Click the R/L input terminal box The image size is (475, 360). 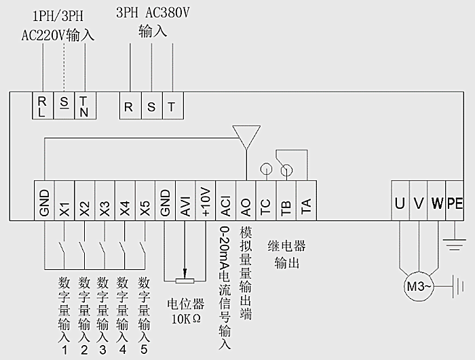pos(43,106)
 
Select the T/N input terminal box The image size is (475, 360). pos(83,106)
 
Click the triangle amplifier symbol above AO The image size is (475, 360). pos(246,134)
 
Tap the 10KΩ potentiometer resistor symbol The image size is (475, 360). pos(185,281)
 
